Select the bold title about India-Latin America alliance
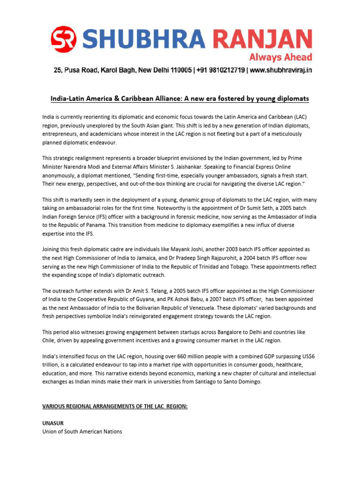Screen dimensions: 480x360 point(180,99)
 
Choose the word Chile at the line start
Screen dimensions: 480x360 point(50,340)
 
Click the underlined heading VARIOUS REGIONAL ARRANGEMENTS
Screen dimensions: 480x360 point(115,406)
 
